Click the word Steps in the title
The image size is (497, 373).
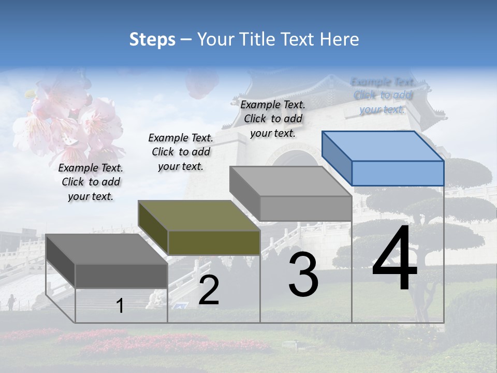pyautogui.click(x=152, y=39)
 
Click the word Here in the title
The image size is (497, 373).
pyautogui.click(x=340, y=39)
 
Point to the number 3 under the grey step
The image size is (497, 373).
pyautogui.click(x=303, y=275)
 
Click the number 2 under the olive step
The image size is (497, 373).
pyautogui.click(x=209, y=290)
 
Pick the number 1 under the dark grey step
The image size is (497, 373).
pyautogui.click(x=120, y=306)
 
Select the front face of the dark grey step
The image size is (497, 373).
pyautogui.click(x=121, y=276)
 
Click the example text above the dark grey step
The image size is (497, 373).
pyautogui.click(x=91, y=182)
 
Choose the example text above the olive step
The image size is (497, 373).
pyautogui.click(x=181, y=152)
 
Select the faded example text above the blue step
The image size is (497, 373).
pyautogui.click(x=383, y=95)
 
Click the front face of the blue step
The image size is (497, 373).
pyautogui.click(x=398, y=173)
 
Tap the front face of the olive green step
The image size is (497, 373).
pyautogui.click(x=214, y=242)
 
